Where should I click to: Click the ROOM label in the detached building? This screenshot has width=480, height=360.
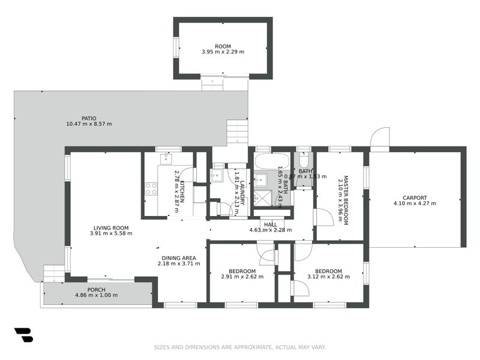coord(223,46)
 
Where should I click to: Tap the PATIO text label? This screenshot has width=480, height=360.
coord(89,118)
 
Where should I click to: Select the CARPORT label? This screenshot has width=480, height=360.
coord(415,197)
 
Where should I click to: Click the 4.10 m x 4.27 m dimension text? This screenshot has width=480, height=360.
coord(415,203)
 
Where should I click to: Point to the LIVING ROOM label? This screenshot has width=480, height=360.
coord(111,227)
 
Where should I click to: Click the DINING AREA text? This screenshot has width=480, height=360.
coord(178,257)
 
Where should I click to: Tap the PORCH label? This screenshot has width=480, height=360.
coord(96,290)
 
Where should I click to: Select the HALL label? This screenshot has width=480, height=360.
coord(271,224)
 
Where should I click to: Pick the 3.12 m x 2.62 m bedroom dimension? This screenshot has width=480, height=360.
coord(328,277)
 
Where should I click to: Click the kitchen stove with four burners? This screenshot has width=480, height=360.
coord(151,188)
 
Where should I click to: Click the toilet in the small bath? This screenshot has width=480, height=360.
coord(304,160)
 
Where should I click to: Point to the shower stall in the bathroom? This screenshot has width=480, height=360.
coord(262,198)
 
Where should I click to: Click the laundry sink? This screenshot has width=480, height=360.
coord(217,175)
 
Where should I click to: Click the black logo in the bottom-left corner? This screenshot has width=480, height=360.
coord(23,335)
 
